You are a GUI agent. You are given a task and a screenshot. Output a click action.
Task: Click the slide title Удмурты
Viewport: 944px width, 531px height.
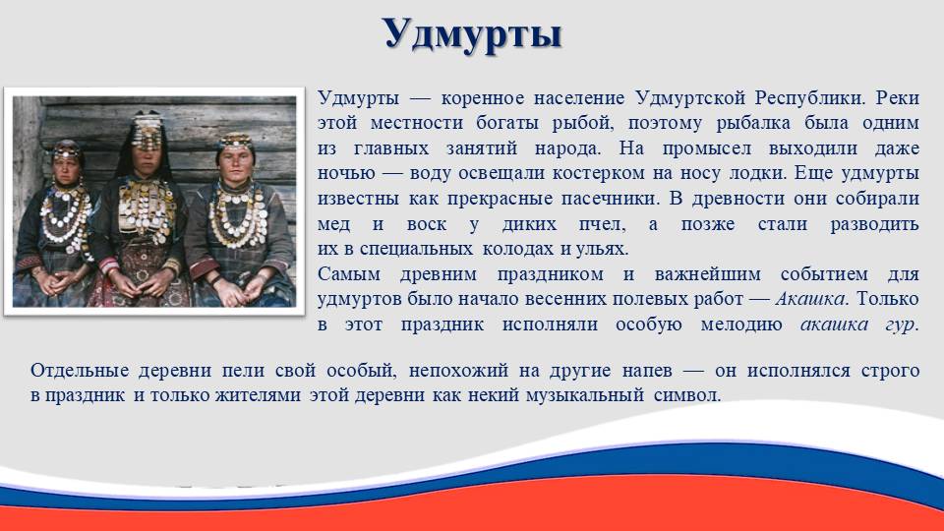pos(472,33)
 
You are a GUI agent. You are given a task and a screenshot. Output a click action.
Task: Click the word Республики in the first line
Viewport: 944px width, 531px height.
pos(806,97)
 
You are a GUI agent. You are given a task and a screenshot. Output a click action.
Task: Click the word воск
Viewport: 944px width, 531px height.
pos(427,224)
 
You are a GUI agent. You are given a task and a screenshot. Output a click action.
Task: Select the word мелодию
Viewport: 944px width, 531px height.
pos(741,325)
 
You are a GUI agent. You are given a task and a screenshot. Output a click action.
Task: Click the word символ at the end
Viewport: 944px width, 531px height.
pos(687,395)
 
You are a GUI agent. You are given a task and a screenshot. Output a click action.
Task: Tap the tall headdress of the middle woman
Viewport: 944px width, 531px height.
pos(147,131)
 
